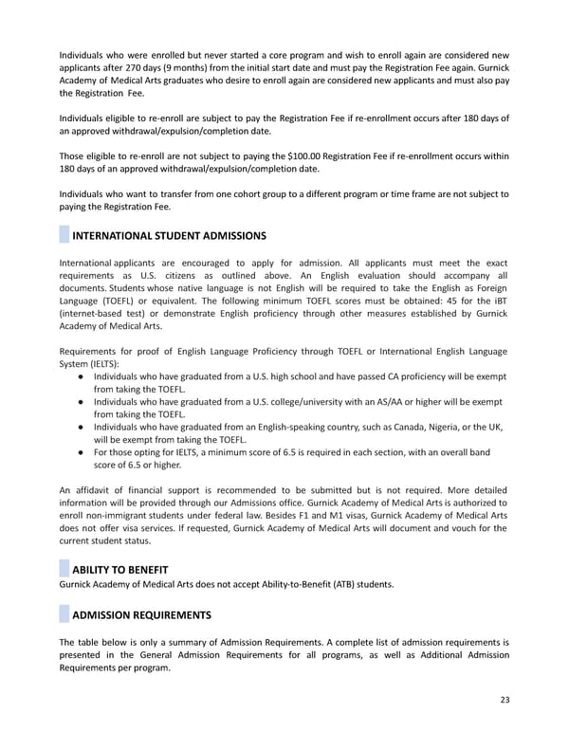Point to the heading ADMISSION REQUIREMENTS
[x=141, y=614]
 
